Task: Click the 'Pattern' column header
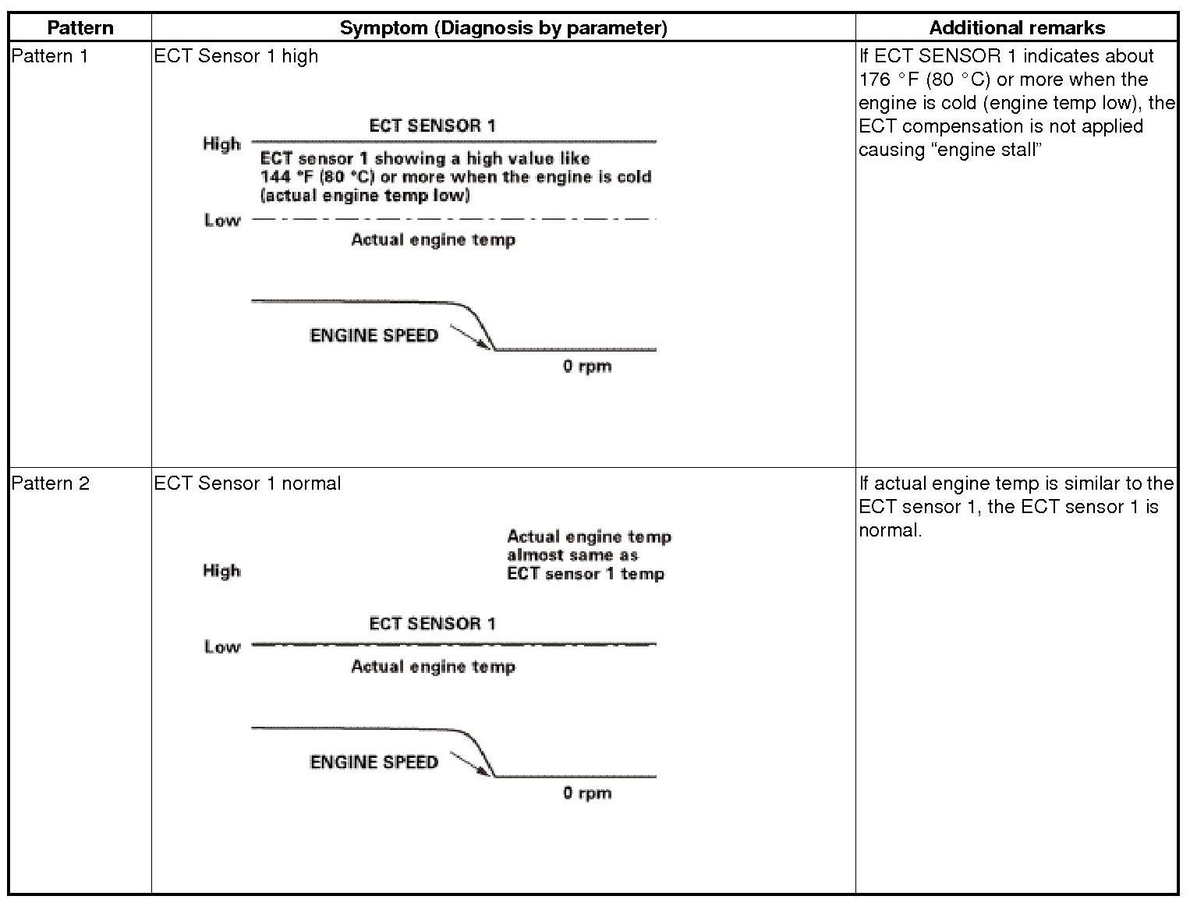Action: pyautogui.click(x=80, y=28)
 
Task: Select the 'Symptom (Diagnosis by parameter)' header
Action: pyautogui.click(x=503, y=28)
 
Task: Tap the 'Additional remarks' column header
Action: pyautogui.click(x=1016, y=28)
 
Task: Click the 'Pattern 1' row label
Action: pyautogui.click(x=50, y=56)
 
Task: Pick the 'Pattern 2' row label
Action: pyautogui.click(x=50, y=483)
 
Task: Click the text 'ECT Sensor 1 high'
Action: pyautogui.click(x=236, y=56)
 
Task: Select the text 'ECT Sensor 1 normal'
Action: pyautogui.click(x=247, y=483)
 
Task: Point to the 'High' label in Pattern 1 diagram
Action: pyautogui.click(x=221, y=144)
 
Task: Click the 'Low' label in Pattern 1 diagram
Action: pyautogui.click(x=222, y=221)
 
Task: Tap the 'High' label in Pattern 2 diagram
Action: pyautogui.click(x=221, y=571)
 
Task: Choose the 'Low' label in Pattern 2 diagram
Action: pyautogui.click(x=222, y=647)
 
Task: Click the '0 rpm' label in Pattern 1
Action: pyautogui.click(x=587, y=367)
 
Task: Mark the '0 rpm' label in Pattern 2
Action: pyautogui.click(x=587, y=794)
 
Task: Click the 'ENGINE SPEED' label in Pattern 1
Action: pyautogui.click(x=374, y=335)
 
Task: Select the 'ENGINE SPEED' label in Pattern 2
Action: pyautogui.click(x=374, y=762)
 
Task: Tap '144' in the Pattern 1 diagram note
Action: pyautogui.click(x=274, y=177)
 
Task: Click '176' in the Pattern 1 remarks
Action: pyautogui.click(x=874, y=80)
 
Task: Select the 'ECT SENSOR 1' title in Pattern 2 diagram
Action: pyautogui.click(x=432, y=624)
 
